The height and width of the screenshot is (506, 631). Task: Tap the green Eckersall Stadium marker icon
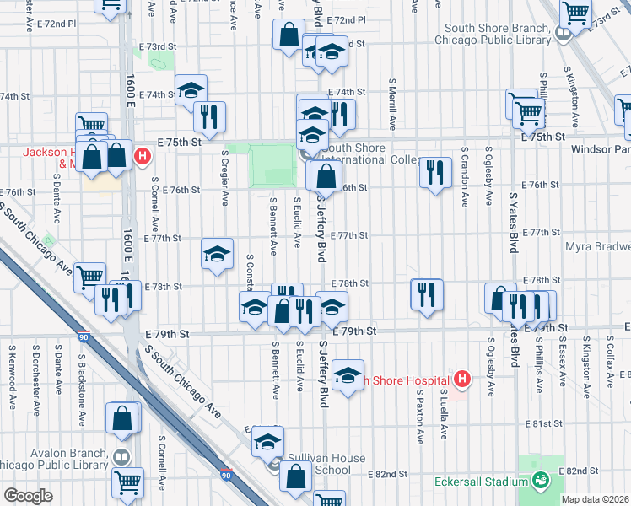[540, 482]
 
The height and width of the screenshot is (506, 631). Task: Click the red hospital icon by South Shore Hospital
[461, 379]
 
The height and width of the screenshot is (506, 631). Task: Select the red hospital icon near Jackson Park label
[143, 156]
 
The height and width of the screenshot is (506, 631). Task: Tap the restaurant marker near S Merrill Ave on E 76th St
[434, 173]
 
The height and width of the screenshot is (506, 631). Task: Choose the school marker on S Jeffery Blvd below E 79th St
[347, 375]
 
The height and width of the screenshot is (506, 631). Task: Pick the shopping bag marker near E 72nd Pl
[289, 35]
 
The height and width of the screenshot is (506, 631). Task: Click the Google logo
[28, 495]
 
